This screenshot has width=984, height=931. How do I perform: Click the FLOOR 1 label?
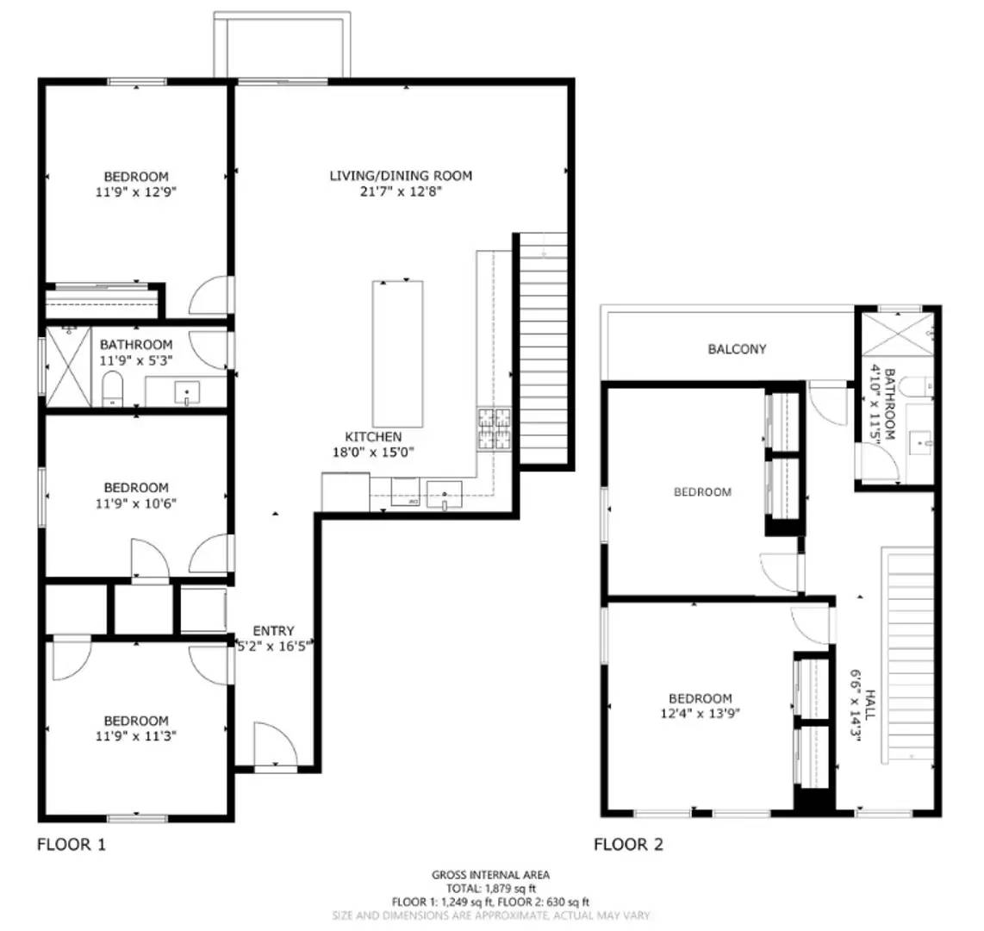(72, 844)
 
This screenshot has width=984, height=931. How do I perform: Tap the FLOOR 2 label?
(628, 844)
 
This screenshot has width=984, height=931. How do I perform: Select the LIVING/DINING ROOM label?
(401, 176)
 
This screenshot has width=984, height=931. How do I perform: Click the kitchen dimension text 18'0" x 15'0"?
(373, 452)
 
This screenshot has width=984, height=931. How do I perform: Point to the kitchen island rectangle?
(397, 353)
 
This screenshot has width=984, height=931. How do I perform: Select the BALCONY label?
(737, 349)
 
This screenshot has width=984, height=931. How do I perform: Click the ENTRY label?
(273, 631)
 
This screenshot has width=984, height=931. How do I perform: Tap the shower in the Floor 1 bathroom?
(68, 366)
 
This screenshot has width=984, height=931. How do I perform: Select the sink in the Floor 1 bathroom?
(187, 393)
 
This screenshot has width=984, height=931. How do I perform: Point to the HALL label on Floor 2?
(870, 703)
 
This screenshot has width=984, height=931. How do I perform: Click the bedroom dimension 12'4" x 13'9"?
(700, 713)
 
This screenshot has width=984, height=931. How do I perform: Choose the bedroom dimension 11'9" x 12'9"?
(136, 191)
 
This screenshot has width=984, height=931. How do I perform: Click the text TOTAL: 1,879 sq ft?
(490, 889)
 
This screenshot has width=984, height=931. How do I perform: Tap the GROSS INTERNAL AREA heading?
(490, 875)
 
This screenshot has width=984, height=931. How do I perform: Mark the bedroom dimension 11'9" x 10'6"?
(136, 503)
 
